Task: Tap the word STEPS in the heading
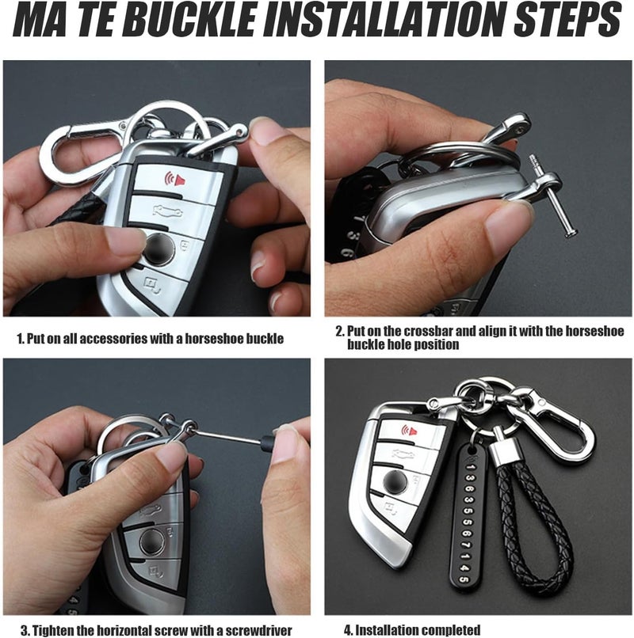(567, 19)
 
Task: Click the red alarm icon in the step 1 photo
(174, 179)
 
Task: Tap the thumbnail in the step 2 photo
(507, 226)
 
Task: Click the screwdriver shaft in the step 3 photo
(227, 435)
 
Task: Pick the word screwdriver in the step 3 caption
(258, 631)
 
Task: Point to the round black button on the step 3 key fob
(153, 542)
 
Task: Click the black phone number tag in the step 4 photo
(467, 518)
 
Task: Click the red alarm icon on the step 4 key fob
(409, 431)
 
